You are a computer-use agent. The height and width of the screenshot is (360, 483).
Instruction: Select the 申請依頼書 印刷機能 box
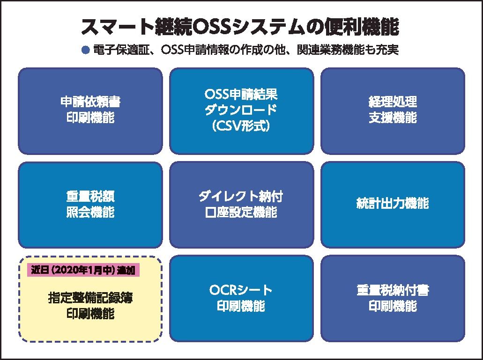(x=90, y=111)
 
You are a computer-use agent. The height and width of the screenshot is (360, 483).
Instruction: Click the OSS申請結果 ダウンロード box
(x=241, y=111)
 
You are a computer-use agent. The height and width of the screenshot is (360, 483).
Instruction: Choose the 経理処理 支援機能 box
(x=393, y=111)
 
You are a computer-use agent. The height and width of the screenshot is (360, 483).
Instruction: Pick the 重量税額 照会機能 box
(x=90, y=205)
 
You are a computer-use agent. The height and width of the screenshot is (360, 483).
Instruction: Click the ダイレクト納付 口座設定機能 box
(x=241, y=205)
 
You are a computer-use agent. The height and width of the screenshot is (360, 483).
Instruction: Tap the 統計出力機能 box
(x=393, y=205)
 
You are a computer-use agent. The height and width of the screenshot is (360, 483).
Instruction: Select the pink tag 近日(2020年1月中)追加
(x=84, y=270)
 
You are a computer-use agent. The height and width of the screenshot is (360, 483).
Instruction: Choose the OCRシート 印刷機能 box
(x=241, y=298)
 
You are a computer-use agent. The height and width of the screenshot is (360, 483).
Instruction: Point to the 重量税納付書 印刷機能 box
(x=393, y=298)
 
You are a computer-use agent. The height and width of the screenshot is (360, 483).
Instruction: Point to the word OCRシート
(x=241, y=290)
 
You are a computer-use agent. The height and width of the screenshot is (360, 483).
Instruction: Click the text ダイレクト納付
(x=241, y=196)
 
